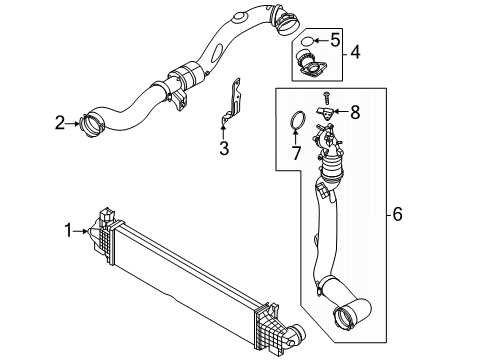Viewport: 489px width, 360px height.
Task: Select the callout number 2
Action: pyautogui.click(x=60, y=123)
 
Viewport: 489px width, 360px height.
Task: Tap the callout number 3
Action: pyautogui.click(x=224, y=149)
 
